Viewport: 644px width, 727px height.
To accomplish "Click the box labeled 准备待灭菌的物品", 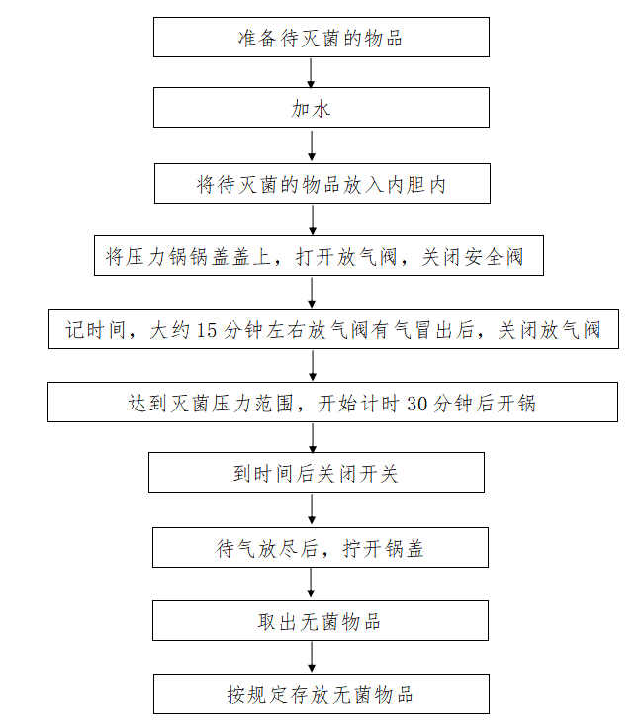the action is point(322,38).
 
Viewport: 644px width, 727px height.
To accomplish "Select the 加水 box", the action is point(322,107).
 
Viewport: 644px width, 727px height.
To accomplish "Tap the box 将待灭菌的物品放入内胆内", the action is point(322,183).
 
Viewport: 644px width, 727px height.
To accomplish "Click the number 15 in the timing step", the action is point(207,330).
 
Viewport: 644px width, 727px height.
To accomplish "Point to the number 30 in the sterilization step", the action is point(416,404).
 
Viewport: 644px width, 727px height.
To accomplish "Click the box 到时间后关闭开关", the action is point(317,472).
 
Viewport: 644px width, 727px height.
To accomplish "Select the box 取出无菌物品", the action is point(321,621).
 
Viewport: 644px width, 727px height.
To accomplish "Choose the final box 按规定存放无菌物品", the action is point(322,693).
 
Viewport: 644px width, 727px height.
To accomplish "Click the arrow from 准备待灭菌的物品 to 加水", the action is point(311,72).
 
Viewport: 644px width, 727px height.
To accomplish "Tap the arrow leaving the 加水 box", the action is point(312,145).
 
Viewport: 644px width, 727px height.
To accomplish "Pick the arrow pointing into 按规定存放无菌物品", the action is point(312,657).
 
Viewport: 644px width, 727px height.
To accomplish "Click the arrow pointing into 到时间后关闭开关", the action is point(313,437).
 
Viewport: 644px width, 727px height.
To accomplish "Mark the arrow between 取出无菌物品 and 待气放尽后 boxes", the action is point(311,583).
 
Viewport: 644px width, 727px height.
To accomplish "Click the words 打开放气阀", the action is point(346,257).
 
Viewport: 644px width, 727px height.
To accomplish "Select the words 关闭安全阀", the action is point(473,257).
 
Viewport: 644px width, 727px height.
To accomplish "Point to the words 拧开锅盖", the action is point(384,549).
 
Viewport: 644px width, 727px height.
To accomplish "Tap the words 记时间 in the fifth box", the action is point(96,330).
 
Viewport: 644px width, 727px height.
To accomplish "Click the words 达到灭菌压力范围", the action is point(211,404).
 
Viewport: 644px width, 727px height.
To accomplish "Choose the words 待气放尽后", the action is point(266,549).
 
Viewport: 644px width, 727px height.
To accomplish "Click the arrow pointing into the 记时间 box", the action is point(312,292).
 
